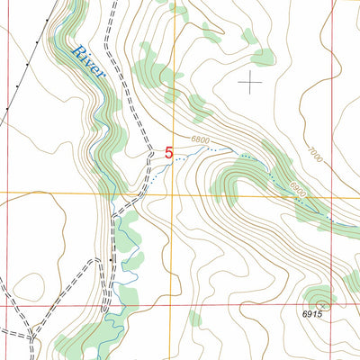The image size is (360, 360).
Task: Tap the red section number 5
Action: [x=168, y=154]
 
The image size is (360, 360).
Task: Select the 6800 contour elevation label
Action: [x=201, y=139]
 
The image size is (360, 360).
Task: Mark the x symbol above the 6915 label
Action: [x=319, y=303]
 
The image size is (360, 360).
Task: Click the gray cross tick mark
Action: [x=249, y=82]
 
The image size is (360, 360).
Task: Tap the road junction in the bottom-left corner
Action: [x=33, y=337]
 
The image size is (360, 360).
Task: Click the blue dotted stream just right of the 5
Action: [x=184, y=157]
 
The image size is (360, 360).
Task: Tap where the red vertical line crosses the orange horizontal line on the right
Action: [x=331, y=194]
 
